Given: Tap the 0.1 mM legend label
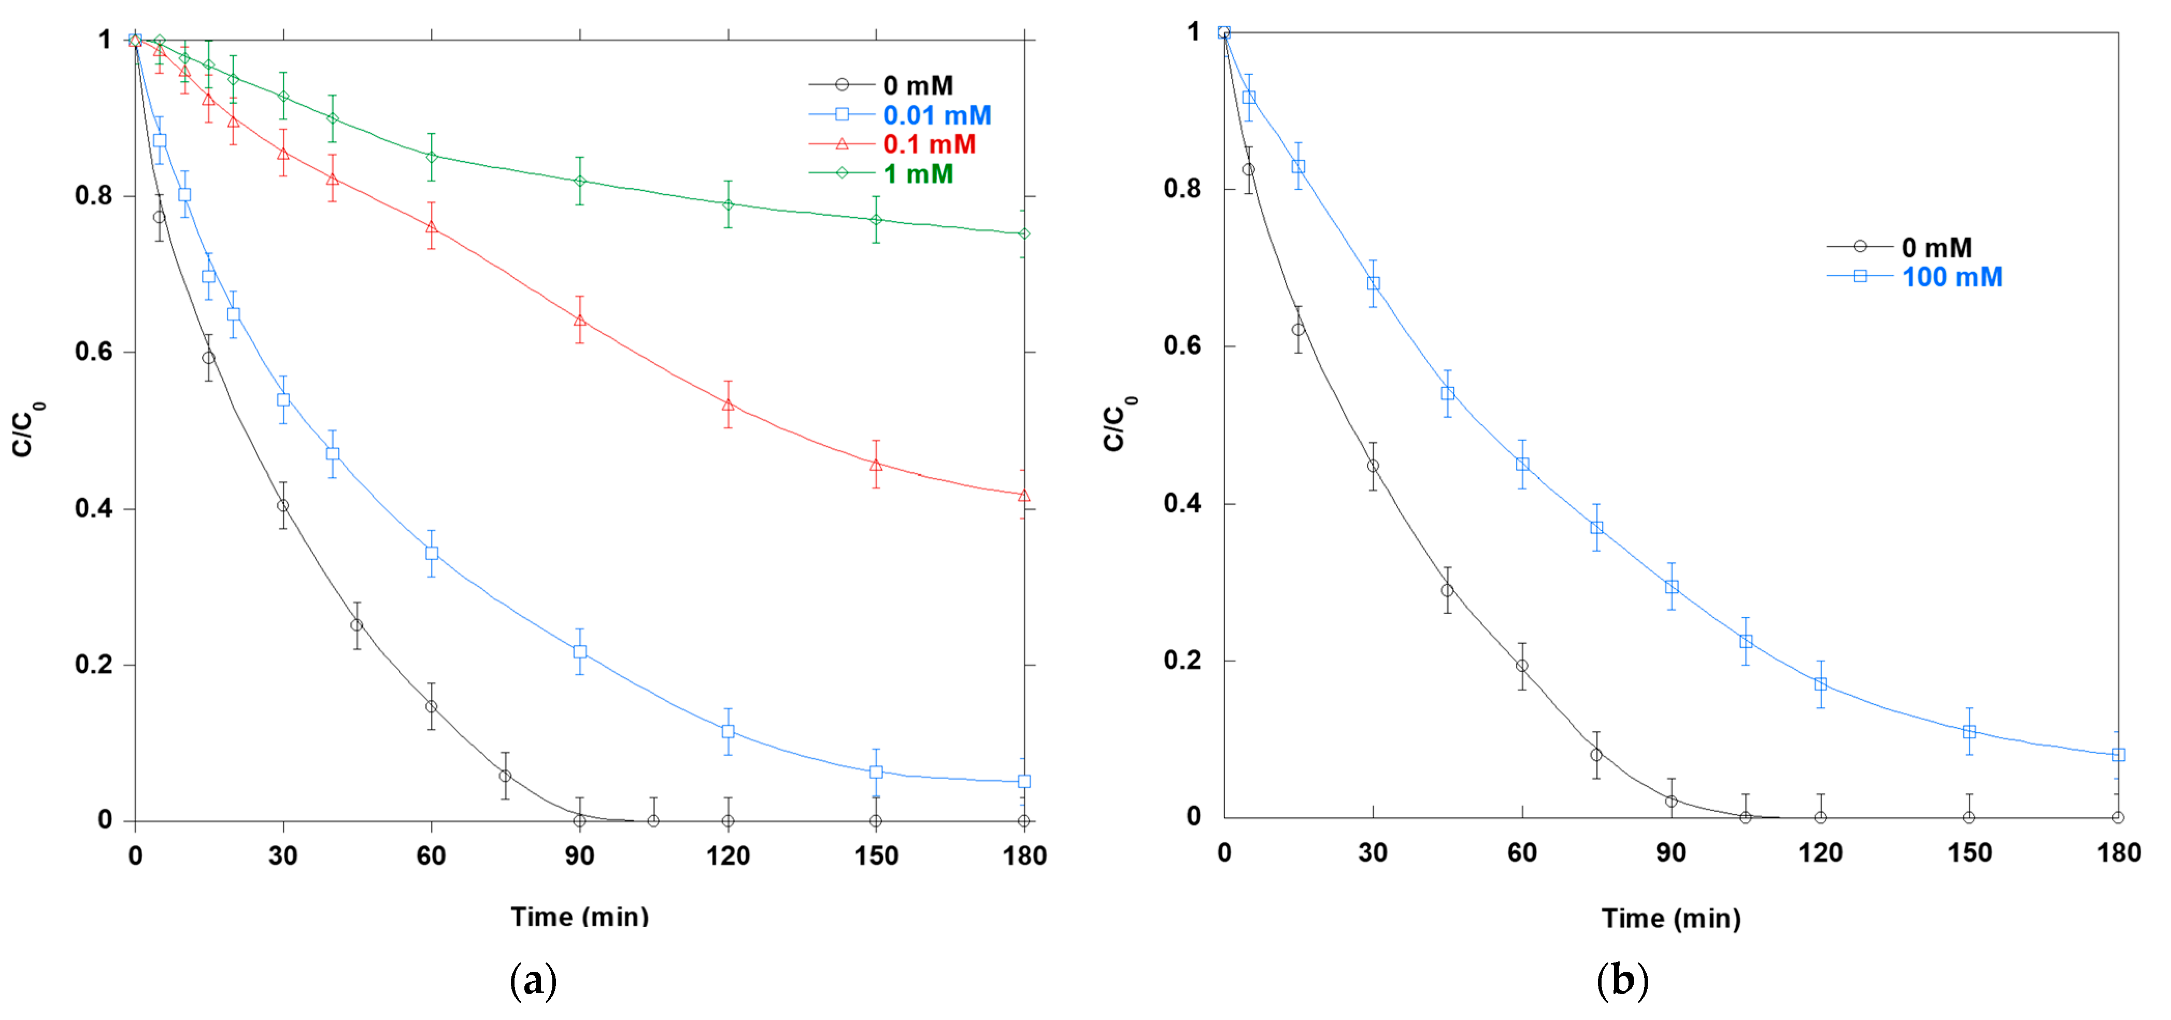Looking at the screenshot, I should pyautogui.click(x=930, y=144).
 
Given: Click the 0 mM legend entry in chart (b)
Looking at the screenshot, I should pyautogui.click(x=1937, y=247).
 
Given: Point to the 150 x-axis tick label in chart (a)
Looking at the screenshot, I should pyautogui.click(x=876, y=856).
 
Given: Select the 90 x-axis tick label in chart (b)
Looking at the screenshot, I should pyautogui.click(x=1670, y=852).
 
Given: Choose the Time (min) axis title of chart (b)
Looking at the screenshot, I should pyautogui.click(x=1670, y=918).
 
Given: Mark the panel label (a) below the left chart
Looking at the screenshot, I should pyautogui.click(x=534, y=981).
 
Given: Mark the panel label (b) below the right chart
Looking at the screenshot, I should pyautogui.click(x=1622, y=981).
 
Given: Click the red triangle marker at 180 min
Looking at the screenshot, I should pyautogui.click(x=1024, y=495).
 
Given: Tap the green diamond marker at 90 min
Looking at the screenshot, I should pyautogui.click(x=580, y=181).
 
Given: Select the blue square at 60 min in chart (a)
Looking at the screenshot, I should pyautogui.click(x=432, y=553).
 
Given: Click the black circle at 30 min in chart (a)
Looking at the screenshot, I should pyautogui.click(x=283, y=506).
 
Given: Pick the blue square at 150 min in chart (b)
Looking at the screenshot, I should pyautogui.click(x=1969, y=732).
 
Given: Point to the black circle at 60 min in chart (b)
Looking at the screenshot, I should pyautogui.click(x=1522, y=666).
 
